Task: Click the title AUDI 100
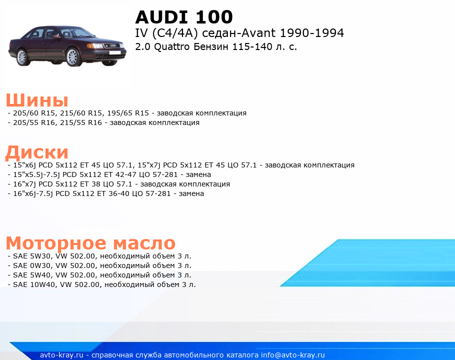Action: click(x=184, y=17)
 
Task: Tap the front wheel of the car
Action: click(x=72, y=57)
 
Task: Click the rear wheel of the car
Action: click(x=22, y=57)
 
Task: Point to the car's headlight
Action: click(x=94, y=45)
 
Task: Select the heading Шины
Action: click(x=37, y=100)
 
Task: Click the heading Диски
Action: click(x=37, y=152)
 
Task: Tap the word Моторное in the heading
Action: click(x=56, y=243)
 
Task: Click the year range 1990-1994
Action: click(x=311, y=33)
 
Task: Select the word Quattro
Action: click(x=172, y=47)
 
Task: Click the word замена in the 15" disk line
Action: click(x=198, y=174)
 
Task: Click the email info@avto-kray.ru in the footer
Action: click(x=293, y=355)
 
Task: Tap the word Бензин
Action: click(x=211, y=47)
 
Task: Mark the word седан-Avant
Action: click(x=238, y=33)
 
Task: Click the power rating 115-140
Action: click(x=252, y=47)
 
